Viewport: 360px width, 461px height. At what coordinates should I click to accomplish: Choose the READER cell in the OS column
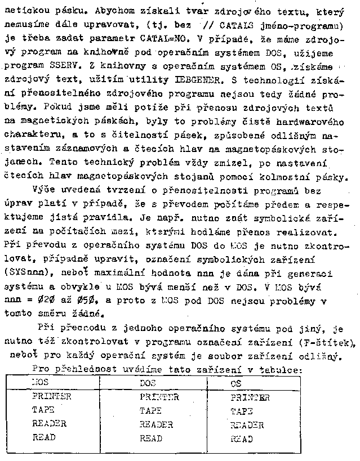(248, 426)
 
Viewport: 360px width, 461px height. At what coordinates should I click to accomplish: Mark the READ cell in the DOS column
(150, 438)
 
